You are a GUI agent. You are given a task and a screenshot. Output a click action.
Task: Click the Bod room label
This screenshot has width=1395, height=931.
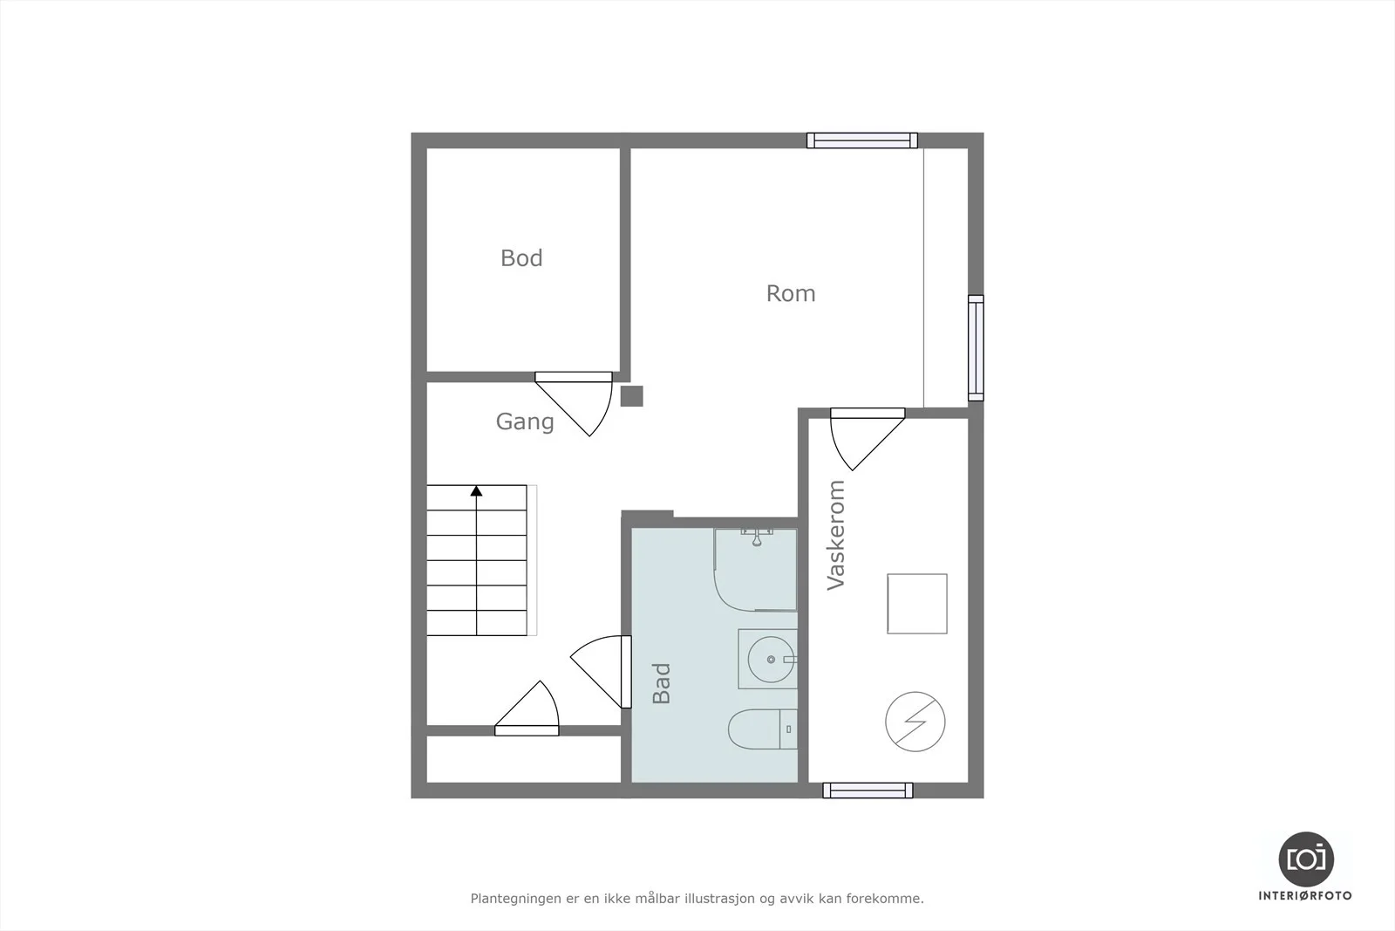point(521,258)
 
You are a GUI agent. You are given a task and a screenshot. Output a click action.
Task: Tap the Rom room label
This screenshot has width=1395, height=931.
point(790,293)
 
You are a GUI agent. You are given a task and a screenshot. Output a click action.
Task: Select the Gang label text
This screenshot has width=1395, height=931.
point(524,422)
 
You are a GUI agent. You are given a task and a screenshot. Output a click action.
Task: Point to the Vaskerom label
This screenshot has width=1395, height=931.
point(836,535)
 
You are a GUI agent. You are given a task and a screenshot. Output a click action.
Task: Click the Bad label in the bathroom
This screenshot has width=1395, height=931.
point(662,683)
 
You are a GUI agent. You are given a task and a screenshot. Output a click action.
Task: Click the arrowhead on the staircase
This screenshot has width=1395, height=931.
point(476,491)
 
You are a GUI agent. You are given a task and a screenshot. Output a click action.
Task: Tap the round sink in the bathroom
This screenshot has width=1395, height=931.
point(771,660)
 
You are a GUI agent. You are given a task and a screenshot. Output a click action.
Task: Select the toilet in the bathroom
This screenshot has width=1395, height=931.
point(762,729)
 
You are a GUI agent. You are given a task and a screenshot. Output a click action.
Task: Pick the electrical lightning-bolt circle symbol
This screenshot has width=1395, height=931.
point(915,722)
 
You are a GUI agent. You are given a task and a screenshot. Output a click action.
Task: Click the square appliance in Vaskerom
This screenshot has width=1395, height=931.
point(916,604)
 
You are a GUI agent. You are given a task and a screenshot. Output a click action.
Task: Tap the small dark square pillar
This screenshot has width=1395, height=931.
point(631,396)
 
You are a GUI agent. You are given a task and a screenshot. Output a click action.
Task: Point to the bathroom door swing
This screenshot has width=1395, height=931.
point(602,672)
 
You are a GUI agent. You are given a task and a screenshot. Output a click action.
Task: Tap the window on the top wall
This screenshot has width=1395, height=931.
point(862,140)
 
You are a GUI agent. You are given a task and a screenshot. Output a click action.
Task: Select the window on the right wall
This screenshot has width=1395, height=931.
point(976,348)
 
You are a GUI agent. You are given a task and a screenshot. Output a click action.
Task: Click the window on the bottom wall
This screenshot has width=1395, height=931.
point(868,791)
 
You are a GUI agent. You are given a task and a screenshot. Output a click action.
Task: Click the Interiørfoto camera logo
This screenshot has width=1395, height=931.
point(1306,859)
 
